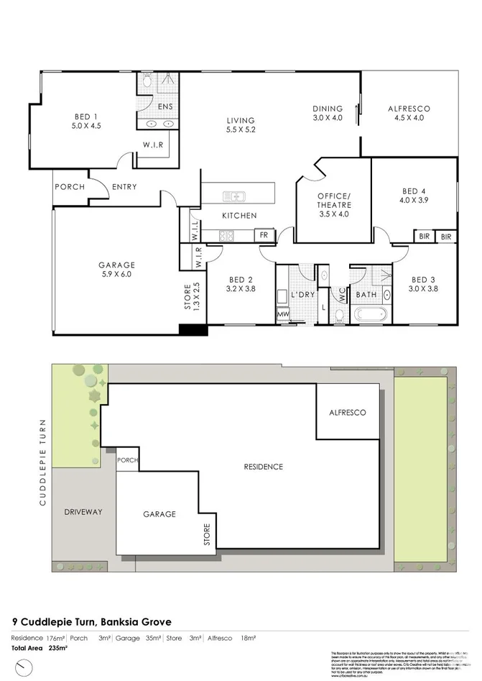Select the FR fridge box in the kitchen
[263, 235]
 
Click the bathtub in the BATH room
[370, 314]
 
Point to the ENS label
[165, 106]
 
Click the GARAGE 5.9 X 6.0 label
[116, 269]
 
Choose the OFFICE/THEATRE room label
[333, 205]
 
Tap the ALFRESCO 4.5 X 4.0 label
[409, 114]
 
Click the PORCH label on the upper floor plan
[69, 187]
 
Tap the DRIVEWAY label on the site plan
[83, 512]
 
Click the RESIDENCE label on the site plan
[263, 467]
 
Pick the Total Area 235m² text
[40, 649]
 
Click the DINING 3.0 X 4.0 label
[328, 114]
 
